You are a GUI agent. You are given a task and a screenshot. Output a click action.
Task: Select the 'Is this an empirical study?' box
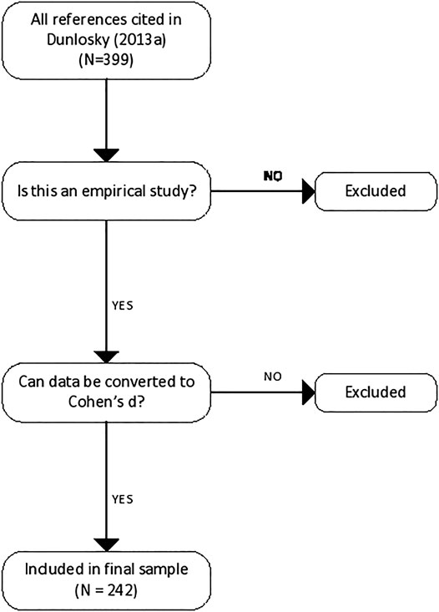tap(105, 190)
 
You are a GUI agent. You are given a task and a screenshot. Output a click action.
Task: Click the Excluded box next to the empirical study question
tap(375, 190)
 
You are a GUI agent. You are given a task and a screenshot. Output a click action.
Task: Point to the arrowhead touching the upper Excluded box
tap(307, 191)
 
